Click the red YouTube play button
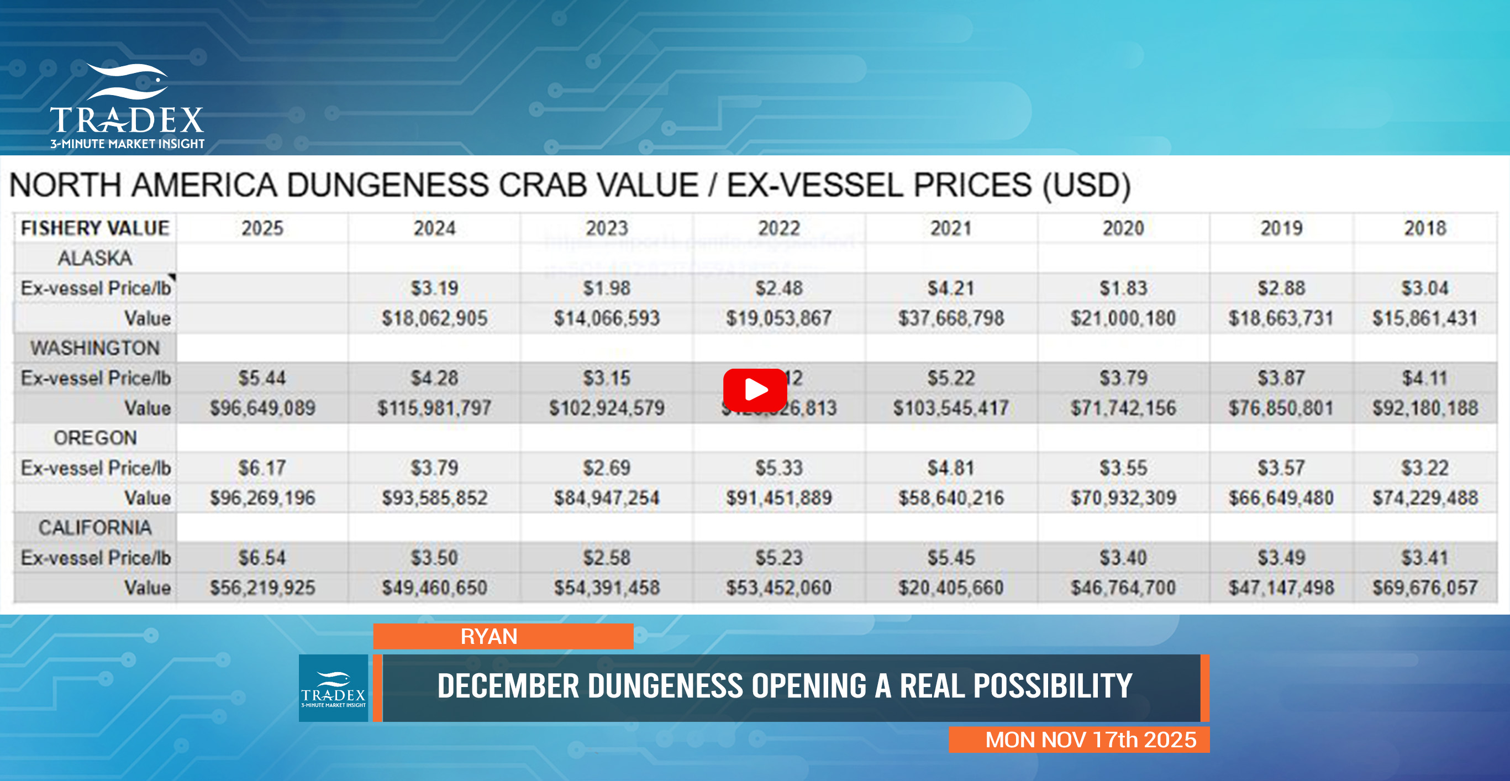point(755,390)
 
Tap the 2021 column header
point(951,228)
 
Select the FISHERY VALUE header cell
point(95,228)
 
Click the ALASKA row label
point(95,258)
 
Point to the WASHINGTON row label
point(95,348)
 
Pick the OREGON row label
point(95,438)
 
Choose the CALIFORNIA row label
point(95,528)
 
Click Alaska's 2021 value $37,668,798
point(951,318)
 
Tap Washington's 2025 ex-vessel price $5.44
point(262,378)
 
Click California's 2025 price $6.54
point(262,558)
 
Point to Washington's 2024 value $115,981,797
point(434,408)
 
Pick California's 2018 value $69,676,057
point(1425,588)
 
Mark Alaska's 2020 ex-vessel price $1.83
point(1123,288)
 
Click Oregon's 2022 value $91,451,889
point(778,498)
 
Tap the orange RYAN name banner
point(503,636)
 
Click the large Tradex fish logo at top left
point(127,106)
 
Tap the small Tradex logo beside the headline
point(333,688)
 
